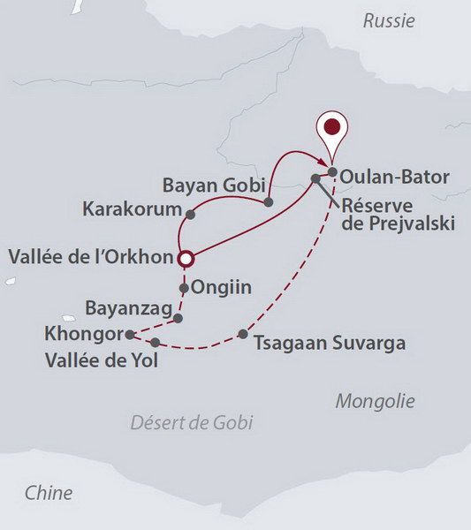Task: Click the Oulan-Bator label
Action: (x=395, y=177)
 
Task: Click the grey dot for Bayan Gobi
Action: (x=270, y=202)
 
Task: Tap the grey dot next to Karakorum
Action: (x=191, y=213)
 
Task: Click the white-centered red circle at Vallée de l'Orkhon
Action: (x=186, y=258)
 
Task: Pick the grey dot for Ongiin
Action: (x=184, y=288)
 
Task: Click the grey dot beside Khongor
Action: (x=130, y=334)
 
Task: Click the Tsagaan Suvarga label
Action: (x=329, y=342)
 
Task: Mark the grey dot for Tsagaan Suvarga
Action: (x=243, y=334)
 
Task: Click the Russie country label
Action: (x=388, y=21)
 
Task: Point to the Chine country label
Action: (x=49, y=492)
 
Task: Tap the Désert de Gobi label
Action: (x=192, y=422)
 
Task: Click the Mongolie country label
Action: (x=375, y=401)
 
